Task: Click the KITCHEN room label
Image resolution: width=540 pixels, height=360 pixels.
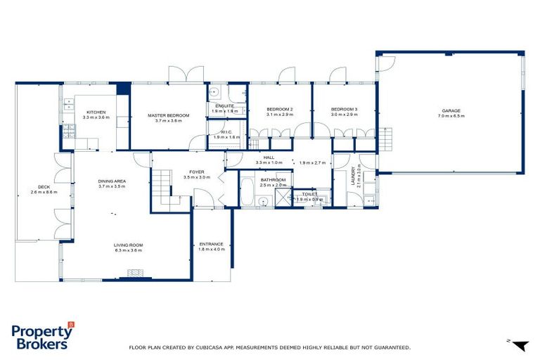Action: pyautogui.click(x=96, y=112)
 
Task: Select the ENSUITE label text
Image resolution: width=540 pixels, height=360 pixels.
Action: pyautogui.click(x=225, y=106)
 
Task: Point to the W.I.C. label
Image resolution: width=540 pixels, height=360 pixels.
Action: pyautogui.click(x=226, y=131)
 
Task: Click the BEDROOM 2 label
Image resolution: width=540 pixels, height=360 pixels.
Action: pyautogui.click(x=280, y=109)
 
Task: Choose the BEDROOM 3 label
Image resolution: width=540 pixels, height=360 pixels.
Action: pyautogui.click(x=345, y=109)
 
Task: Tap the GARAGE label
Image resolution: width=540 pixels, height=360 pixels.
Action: pyautogui.click(x=451, y=110)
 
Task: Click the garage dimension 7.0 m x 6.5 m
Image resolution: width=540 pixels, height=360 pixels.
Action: pyautogui.click(x=451, y=116)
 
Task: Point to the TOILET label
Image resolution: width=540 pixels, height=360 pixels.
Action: pyautogui.click(x=309, y=193)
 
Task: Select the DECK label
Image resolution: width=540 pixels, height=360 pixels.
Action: pyautogui.click(x=44, y=186)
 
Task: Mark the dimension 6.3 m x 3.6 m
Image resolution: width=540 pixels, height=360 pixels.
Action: pyautogui.click(x=128, y=250)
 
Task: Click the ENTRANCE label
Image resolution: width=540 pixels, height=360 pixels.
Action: pyautogui.click(x=211, y=244)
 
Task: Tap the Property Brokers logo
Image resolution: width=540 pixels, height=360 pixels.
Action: pyautogui.click(x=42, y=336)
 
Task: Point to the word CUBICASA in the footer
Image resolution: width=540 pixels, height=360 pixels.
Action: pyautogui.click(x=211, y=347)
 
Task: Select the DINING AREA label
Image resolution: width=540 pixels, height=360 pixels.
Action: pyautogui.click(x=111, y=181)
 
